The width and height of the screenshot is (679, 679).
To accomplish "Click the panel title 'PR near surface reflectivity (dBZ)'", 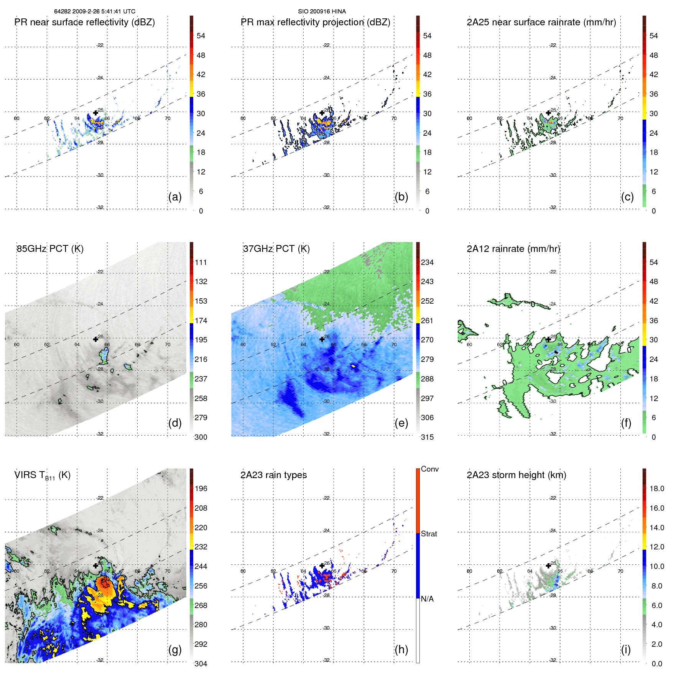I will tap(84, 22).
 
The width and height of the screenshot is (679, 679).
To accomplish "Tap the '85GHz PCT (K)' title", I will tap(50, 248).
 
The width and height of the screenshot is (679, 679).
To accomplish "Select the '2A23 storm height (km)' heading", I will tap(516, 475).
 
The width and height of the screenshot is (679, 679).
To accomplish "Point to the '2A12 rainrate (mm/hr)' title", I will tap(513, 248).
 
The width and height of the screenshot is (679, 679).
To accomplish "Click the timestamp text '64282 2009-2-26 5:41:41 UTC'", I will tap(94, 12).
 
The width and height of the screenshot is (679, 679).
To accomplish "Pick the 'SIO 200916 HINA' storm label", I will tap(322, 12).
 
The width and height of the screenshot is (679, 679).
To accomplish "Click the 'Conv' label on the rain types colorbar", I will tap(429, 469).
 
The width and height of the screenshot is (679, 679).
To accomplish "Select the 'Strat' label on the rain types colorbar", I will tap(429, 534).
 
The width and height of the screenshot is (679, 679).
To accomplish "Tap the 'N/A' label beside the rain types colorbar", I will tap(427, 599).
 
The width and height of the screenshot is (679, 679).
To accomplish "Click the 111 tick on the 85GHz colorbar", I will tap(201, 262).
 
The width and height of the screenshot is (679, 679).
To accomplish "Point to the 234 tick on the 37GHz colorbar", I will tap(427, 262).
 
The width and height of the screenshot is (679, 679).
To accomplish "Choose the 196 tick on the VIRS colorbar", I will tap(201, 488).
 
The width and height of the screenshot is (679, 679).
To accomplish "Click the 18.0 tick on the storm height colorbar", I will tap(656, 488).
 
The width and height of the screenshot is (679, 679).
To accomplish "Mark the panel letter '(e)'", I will tap(401, 423).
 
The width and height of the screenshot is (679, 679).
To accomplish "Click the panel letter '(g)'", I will tap(175, 649).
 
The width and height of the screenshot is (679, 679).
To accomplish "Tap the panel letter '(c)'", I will tap(627, 197).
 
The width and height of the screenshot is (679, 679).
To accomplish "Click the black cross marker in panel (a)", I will tap(95, 113).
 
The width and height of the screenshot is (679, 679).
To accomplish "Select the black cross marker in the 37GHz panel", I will tap(322, 339).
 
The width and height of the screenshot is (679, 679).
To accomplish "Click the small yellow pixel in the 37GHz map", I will tap(354, 366).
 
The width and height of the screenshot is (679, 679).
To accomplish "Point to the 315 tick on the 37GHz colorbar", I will tap(427, 437).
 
